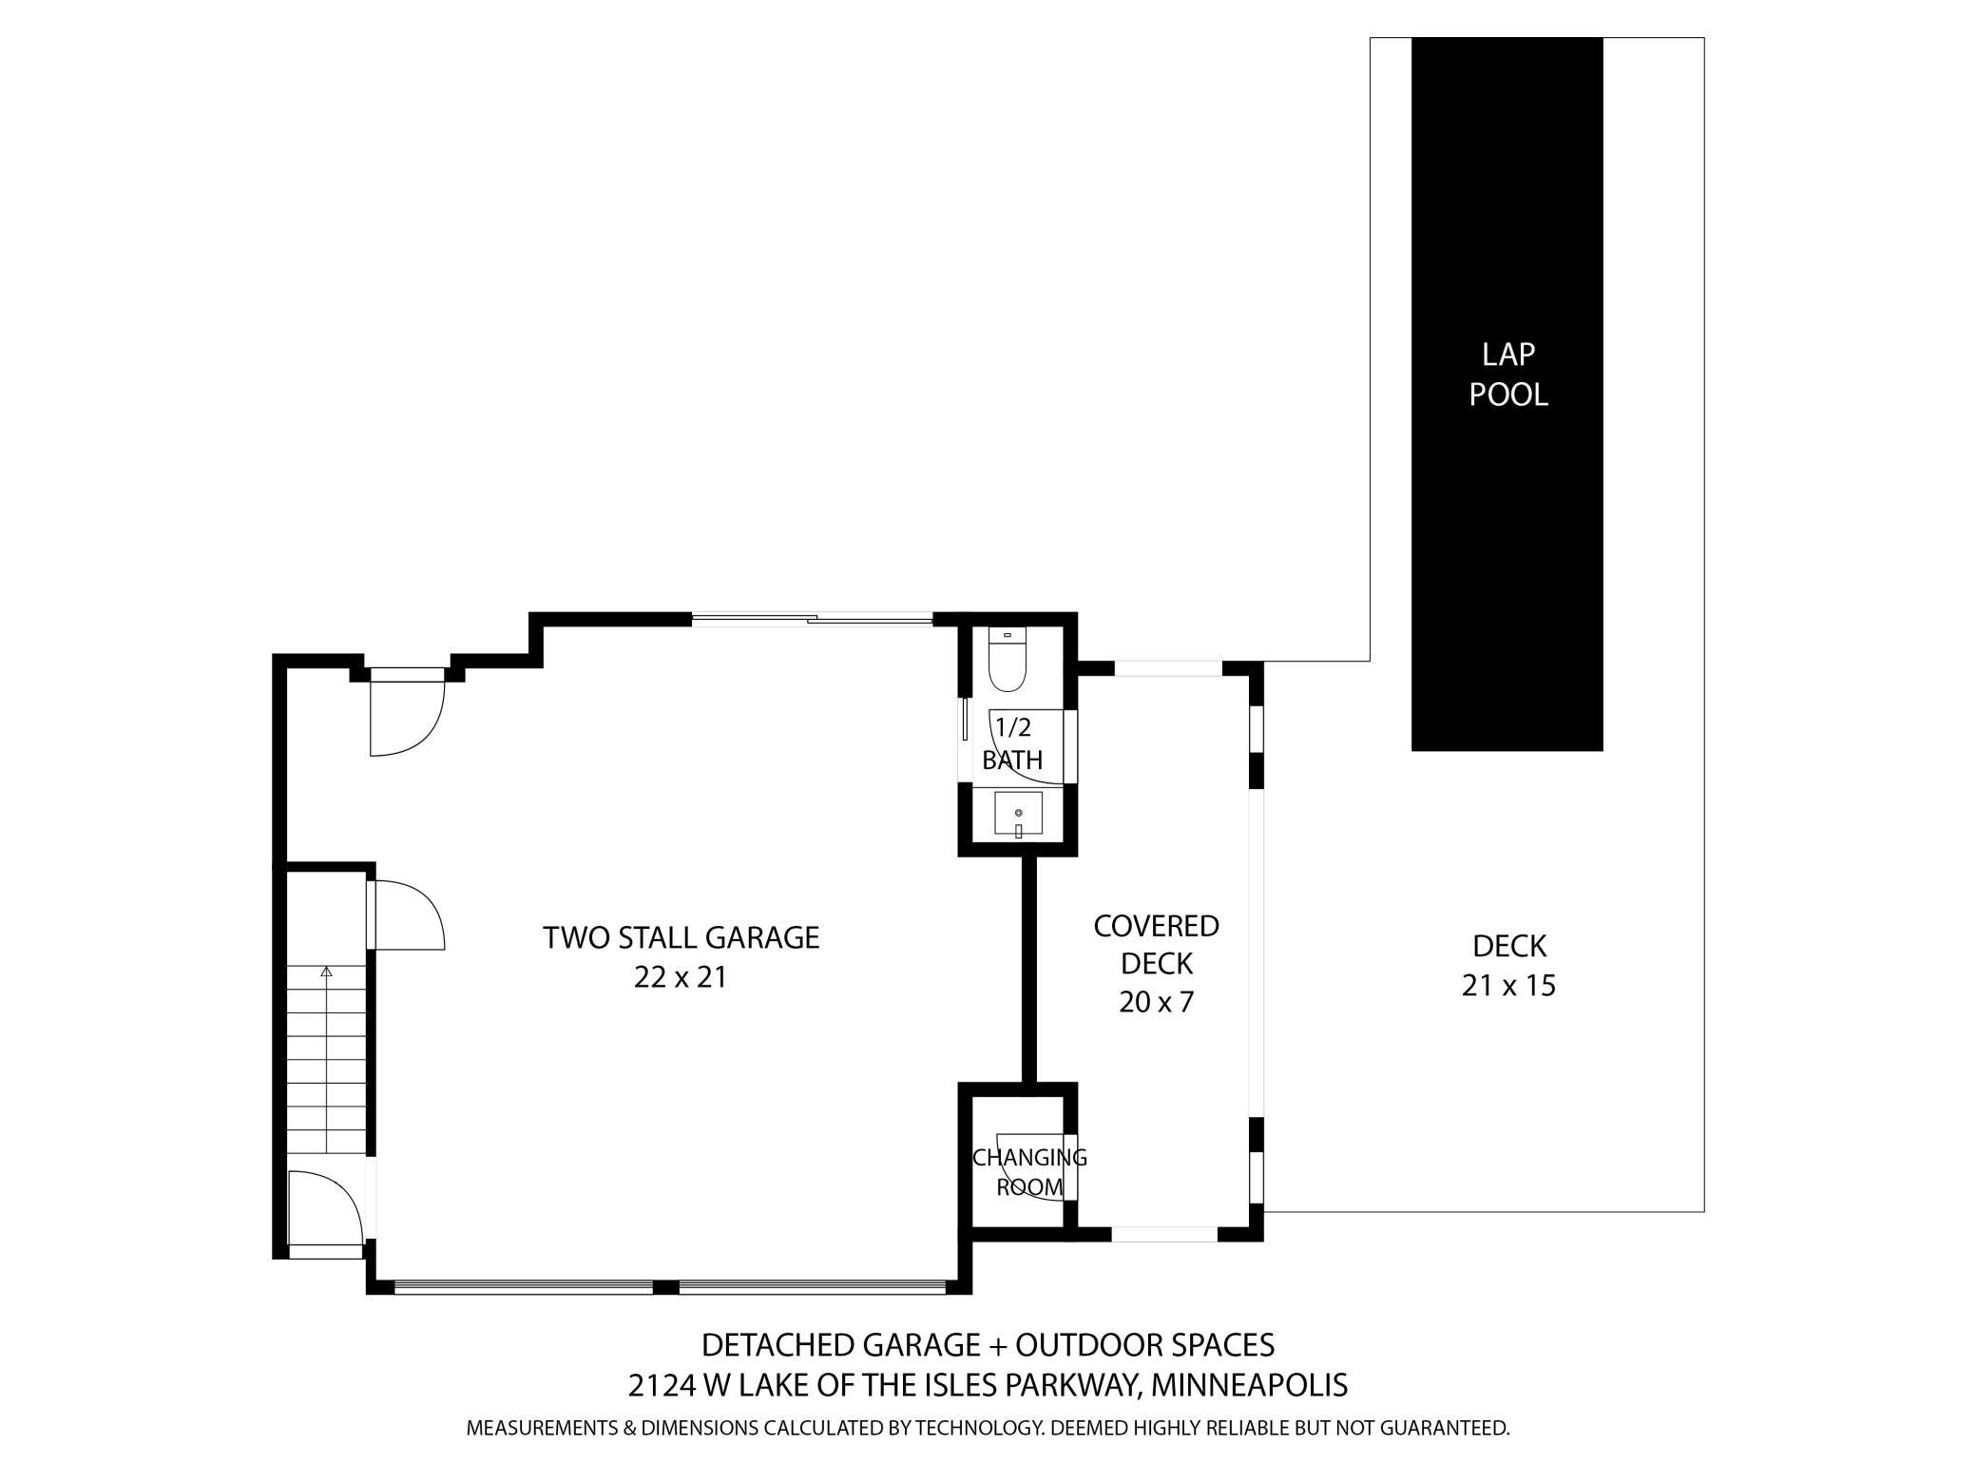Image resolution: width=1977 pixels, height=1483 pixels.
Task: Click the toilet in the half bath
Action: [1007, 662]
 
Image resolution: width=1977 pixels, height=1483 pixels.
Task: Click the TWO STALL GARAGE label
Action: [681, 937]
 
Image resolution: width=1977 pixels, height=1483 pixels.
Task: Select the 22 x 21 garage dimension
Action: [681, 977]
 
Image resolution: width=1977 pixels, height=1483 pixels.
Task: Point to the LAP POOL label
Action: [1508, 375]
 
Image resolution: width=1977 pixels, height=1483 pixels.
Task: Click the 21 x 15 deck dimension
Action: [1508, 986]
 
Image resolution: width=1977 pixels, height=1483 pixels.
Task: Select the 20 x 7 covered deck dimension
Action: [1156, 1002]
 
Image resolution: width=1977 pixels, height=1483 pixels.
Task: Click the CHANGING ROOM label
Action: [1029, 1172]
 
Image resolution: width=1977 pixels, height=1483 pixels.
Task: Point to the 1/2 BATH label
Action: [1012, 744]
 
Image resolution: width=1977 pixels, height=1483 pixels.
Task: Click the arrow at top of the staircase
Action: [327, 972]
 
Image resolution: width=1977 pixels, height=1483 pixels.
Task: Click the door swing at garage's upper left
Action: [406, 713]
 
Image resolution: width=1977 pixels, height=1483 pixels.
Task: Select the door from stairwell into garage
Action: [407, 915]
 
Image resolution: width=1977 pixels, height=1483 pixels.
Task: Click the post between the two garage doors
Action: [666, 1287]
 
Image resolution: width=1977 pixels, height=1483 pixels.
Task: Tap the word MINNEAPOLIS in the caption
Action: [1249, 1385]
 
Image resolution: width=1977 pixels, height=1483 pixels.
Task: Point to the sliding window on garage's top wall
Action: [813, 620]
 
